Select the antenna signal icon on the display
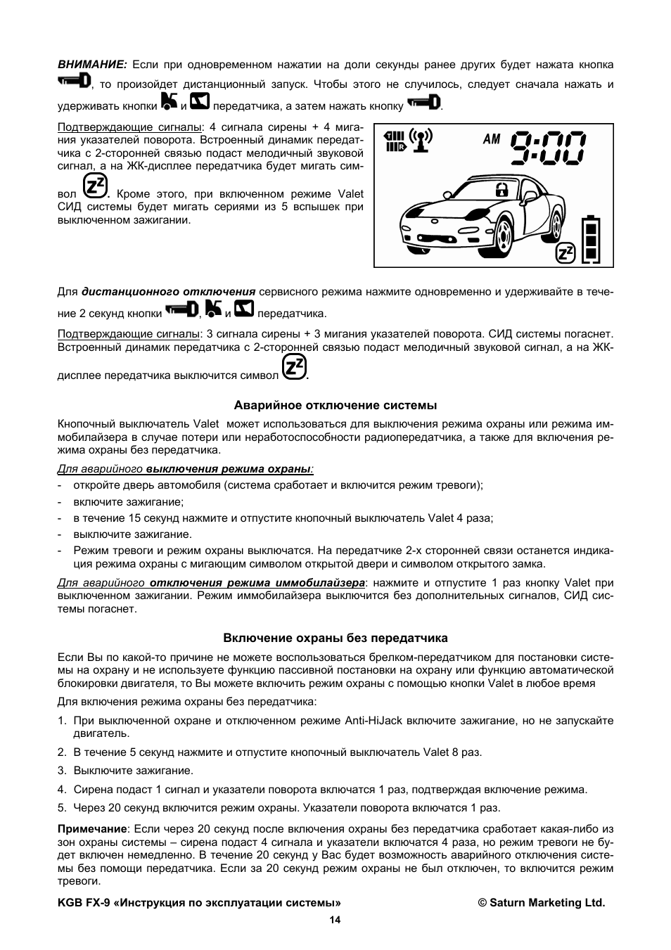click(421, 141)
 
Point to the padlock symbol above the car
click(501, 188)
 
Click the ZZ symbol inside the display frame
click(565, 252)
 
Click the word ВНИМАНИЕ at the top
click(91, 65)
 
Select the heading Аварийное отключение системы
click(335, 405)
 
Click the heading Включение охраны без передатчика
click(335, 638)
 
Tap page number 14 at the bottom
click(335, 920)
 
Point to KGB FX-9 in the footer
click(81, 903)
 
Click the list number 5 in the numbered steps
click(61, 807)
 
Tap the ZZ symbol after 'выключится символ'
click(294, 368)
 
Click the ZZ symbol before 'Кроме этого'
click(95, 186)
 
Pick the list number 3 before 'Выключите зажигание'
click(61, 770)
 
